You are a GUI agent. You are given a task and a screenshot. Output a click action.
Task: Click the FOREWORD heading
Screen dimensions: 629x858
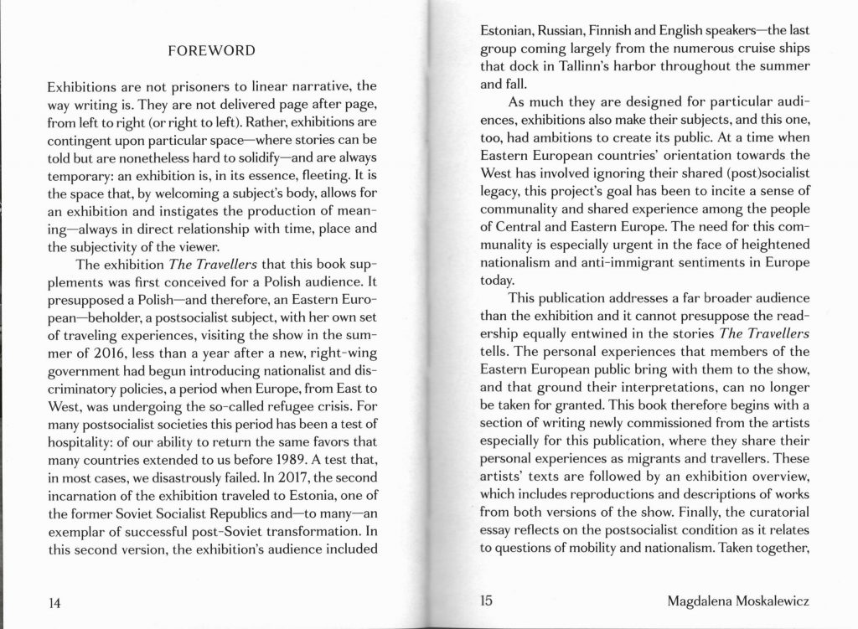tap(211, 52)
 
